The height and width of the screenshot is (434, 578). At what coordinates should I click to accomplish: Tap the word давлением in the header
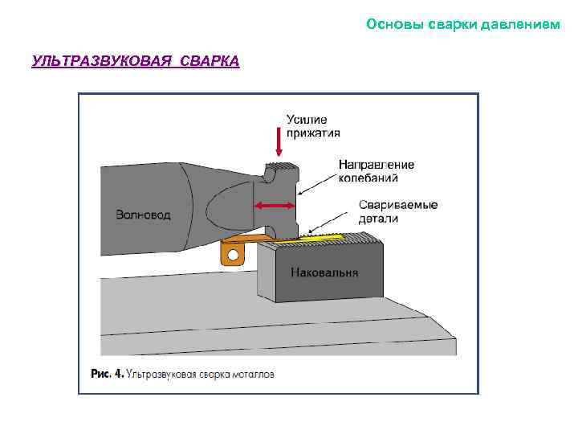(x=520, y=24)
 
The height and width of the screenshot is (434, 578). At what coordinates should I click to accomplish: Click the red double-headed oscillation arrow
(x=274, y=207)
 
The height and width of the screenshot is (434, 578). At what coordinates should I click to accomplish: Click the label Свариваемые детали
(x=398, y=211)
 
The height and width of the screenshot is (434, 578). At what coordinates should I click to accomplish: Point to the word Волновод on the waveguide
(x=143, y=215)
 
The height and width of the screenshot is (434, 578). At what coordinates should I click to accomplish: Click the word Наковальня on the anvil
(x=324, y=272)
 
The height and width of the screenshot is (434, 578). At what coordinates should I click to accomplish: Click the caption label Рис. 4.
(x=107, y=374)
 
